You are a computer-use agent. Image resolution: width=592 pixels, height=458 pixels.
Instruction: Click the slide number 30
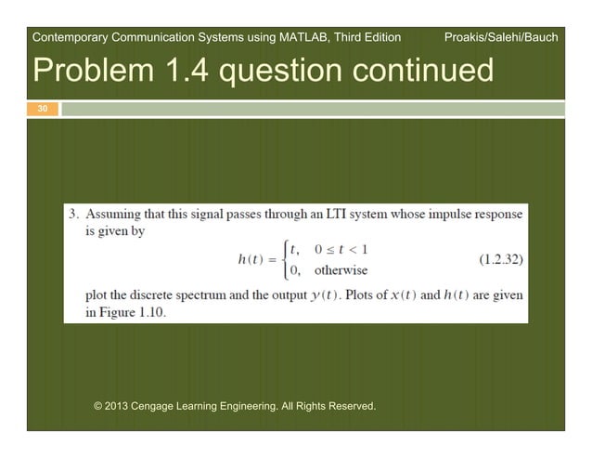(41, 110)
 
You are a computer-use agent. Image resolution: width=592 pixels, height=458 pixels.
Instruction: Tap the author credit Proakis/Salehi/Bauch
(502, 38)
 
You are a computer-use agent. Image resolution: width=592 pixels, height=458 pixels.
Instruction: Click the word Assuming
(113, 215)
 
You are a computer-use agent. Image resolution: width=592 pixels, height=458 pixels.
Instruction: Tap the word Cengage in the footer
(163, 406)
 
